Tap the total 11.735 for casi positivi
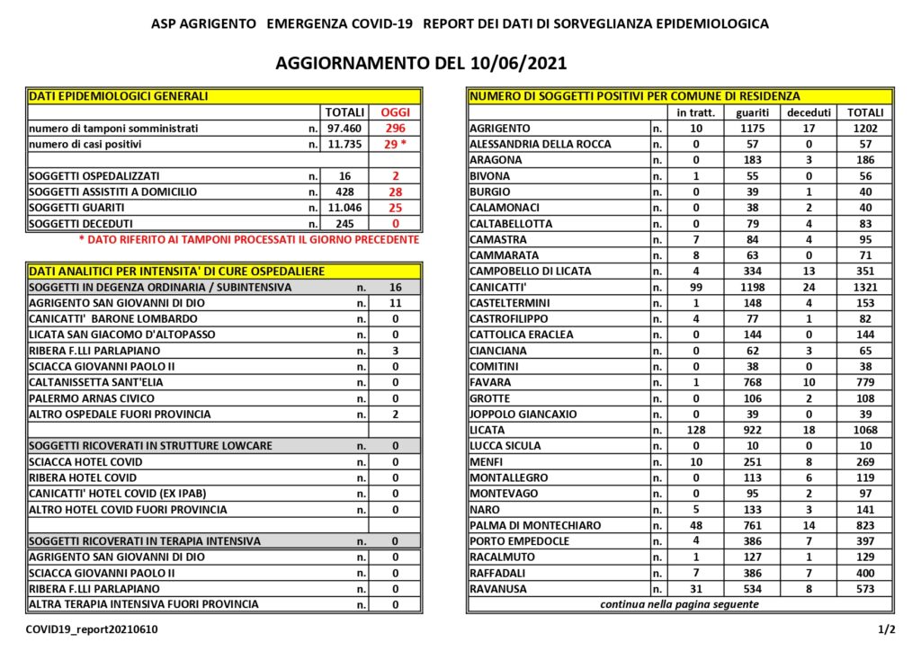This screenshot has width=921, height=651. pos(344,144)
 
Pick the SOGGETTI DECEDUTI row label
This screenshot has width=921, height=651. pos(87,223)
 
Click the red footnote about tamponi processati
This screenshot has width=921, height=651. pos(248,239)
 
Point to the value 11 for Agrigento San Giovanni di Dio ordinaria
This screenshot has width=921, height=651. pos(395,303)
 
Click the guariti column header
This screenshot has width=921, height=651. pos(752,112)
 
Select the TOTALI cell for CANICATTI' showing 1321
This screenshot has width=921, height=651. pos(864,287)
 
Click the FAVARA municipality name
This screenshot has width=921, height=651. pos(490,382)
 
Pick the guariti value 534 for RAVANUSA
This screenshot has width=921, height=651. pos(752,589)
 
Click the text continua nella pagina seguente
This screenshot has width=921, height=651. pos(679,604)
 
